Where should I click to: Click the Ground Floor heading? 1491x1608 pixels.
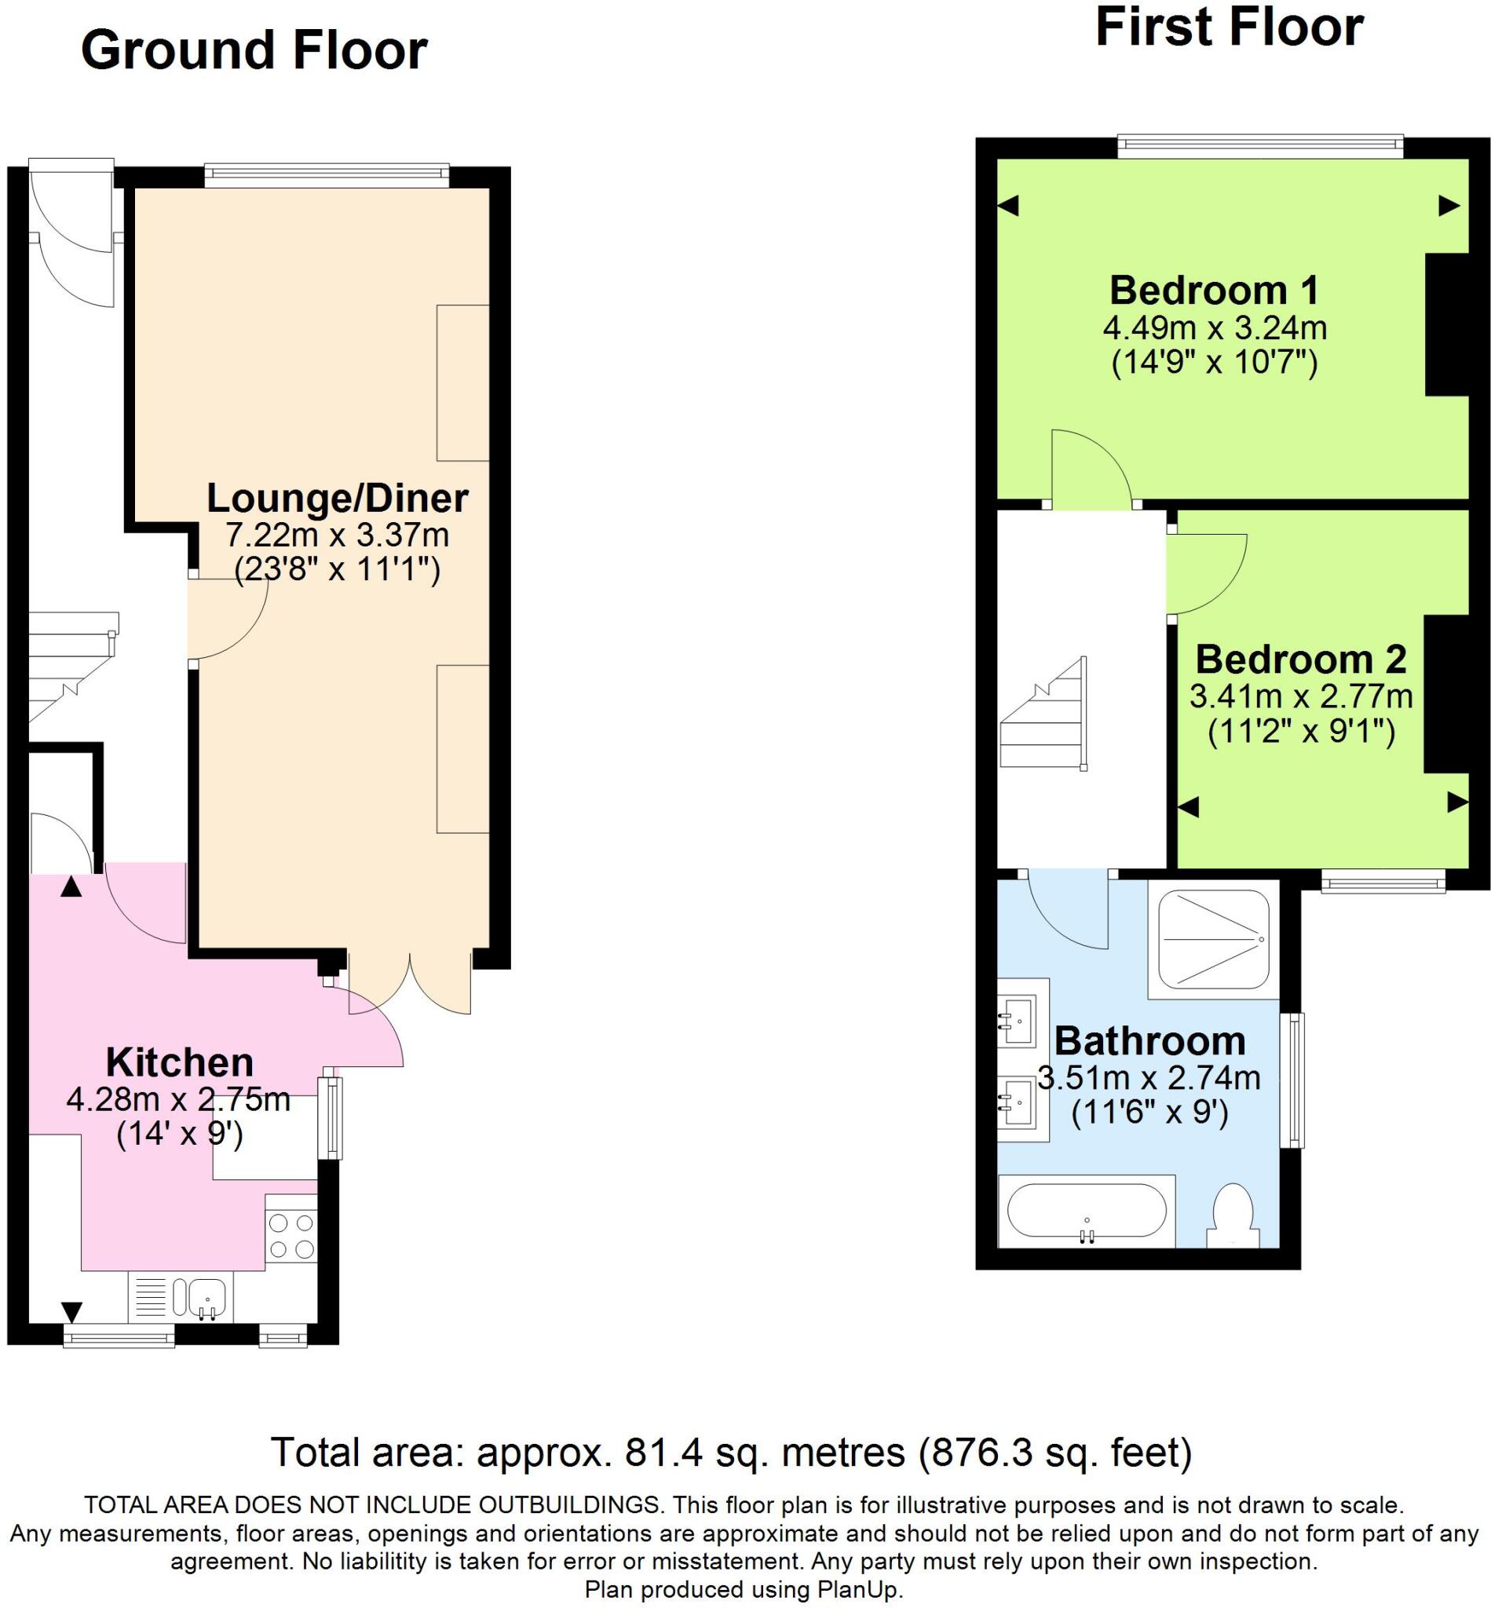coord(254,50)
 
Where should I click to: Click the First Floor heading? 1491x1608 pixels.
coord(1229,27)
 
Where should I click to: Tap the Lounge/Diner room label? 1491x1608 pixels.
coord(338,498)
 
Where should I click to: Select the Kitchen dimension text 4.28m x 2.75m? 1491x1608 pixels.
coord(178,1100)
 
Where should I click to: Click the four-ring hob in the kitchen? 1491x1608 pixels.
coord(291,1236)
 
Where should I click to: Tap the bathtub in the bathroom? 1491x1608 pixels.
coord(1086,1211)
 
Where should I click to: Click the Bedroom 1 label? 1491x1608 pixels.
coord(1215,290)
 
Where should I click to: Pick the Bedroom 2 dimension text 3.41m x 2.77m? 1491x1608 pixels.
coord(1300,696)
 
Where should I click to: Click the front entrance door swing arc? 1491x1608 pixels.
coord(72,242)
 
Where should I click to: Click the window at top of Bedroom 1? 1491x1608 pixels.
coord(1260,145)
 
